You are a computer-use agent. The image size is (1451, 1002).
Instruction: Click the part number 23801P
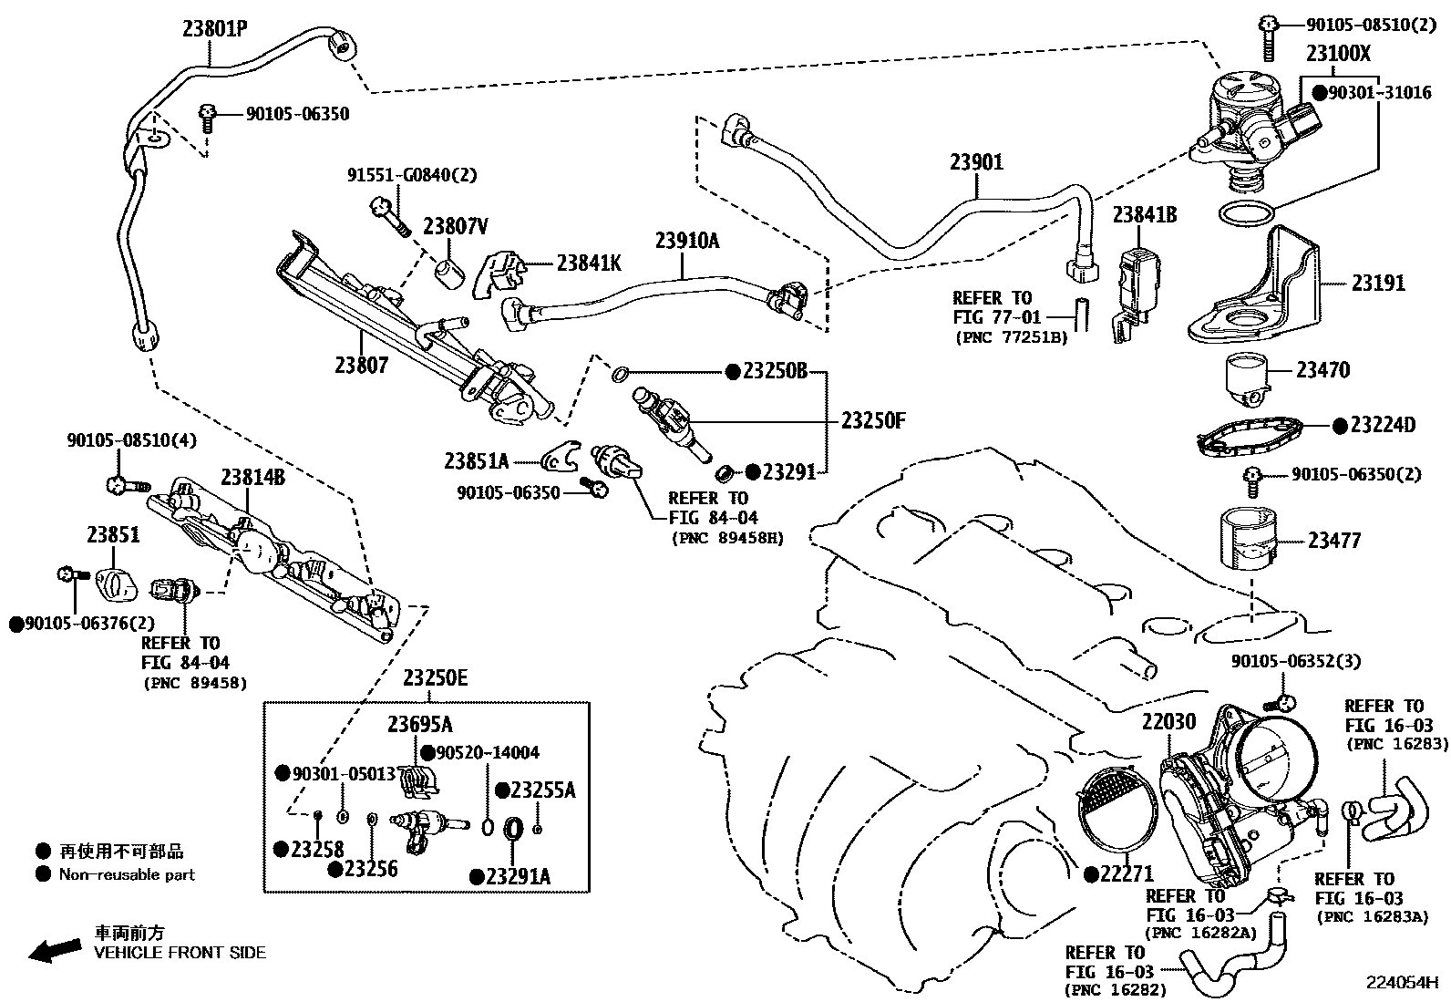tap(214, 28)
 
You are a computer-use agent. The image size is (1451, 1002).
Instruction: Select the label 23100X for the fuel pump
tap(1338, 53)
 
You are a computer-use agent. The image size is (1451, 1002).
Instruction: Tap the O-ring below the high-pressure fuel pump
tap(1247, 214)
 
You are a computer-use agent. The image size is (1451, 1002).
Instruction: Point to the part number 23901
tap(976, 162)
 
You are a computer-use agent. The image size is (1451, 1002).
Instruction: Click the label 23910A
tap(687, 241)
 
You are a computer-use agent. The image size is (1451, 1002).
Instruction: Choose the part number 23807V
tap(456, 226)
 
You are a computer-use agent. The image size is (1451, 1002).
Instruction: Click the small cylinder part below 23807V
tap(449, 273)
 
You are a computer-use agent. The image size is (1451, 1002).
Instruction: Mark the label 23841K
tap(589, 263)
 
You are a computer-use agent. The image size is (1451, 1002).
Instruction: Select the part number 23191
tap(1378, 283)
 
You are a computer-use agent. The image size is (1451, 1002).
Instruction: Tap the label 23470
tap(1322, 369)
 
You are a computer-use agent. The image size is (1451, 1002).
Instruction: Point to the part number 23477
tap(1334, 540)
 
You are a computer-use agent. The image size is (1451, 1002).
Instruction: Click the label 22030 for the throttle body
tap(1168, 720)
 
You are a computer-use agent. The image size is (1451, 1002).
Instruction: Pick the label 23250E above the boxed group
tap(436, 678)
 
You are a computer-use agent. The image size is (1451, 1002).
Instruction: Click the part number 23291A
tap(518, 876)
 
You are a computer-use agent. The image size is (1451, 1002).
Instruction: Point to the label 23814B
tap(252, 477)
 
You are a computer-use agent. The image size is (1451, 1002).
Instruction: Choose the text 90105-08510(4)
tap(132, 440)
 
